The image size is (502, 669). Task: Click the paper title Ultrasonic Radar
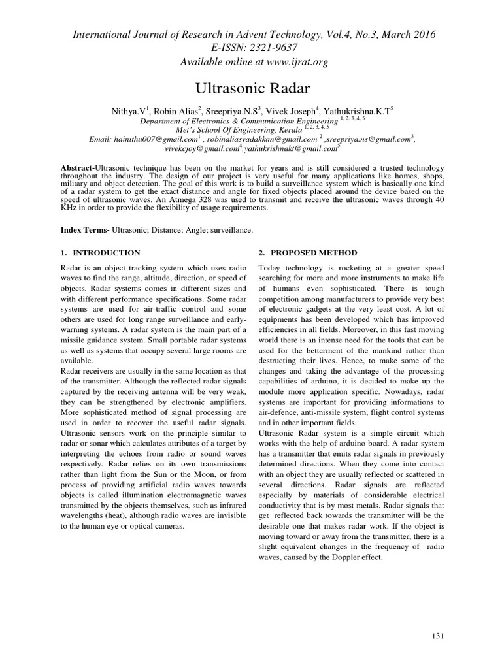tap(251, 88)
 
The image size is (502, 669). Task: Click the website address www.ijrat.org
tap(292, 61)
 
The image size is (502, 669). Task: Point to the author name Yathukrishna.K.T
tap(354, 112)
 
